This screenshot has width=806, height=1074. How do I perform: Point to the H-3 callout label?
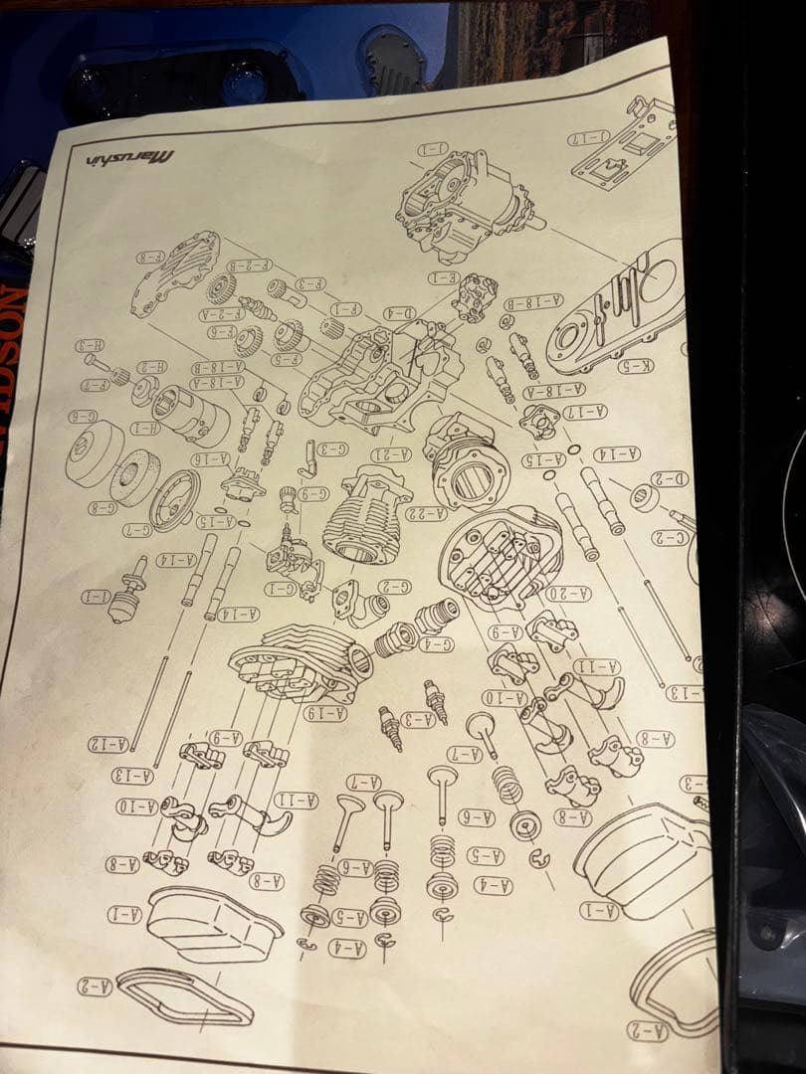click(x=89, y=346)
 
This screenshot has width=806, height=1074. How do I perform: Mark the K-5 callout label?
click(x=637, y=366)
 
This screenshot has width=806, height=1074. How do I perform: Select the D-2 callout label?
click(x=670, y=479)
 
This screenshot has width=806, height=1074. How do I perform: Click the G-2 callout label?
click(x=392, y=587)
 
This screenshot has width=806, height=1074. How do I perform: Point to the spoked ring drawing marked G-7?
click(x=174, y=497)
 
